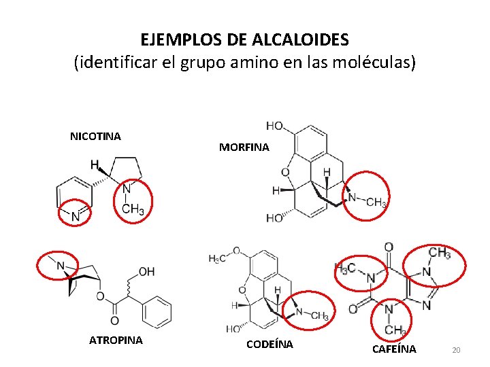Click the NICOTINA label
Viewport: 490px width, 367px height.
pyautogui.click(x=95, y=136)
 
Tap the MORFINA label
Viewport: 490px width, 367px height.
pyautogui.click(x=244, y=147)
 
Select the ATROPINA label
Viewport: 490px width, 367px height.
pyautogui.click(x=116, y=340)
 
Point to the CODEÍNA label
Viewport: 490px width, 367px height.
pyautogui.click(x=269, y=344)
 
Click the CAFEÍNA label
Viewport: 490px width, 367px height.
pyautogui.click(x=394, y=349)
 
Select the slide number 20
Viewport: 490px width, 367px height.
pyautogui.click(x=456, y=349)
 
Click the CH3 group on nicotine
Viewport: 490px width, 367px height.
pyautogui.click(x=133, y=209)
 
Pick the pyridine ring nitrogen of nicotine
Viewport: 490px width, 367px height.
pyautogui.click(x=76, y=216)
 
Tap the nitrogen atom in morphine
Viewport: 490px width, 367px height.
pyautogui.click(x=352, y=197)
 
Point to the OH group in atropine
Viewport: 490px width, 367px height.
pyautogui.click(x=146, y=272)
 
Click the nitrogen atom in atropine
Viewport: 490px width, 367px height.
pyautogui.click(x=60, y=266)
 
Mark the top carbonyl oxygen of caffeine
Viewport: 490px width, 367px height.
pyautogui.click(x=388, y=247)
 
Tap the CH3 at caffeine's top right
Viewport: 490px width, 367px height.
pyautogui.click(x=439, y=254)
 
